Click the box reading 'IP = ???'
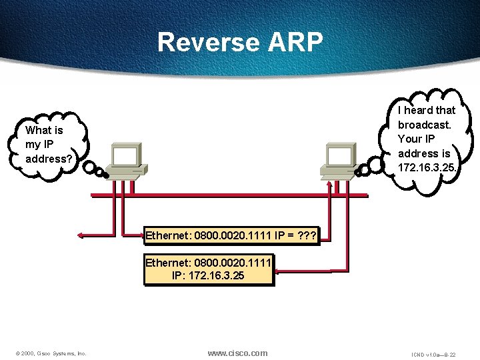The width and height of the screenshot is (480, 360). pyautogui.click(x=232, y=235)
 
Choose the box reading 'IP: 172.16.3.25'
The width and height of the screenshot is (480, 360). pyautogui.click(x=209, y=268)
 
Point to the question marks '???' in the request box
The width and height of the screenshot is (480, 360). pyautogui.click(x=307, y=235)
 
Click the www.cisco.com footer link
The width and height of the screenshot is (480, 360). pyautogui.click(x=237, y=353)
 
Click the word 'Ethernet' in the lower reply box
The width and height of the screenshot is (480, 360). pyautogui.click(x=168, y=261)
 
